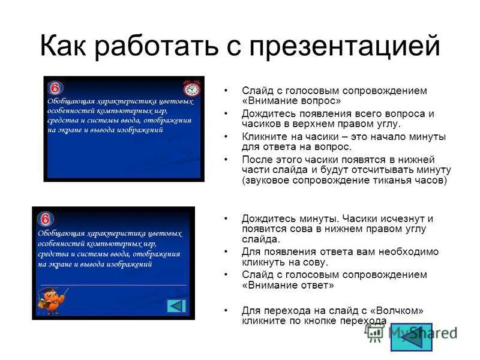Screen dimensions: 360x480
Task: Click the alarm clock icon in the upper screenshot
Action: [x=192, y=89]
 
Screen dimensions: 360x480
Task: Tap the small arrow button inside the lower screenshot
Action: [x=176, y=305]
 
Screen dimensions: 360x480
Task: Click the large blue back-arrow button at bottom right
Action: [x=411, y=336]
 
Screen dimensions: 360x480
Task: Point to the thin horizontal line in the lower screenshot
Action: [x=114, y=284]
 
